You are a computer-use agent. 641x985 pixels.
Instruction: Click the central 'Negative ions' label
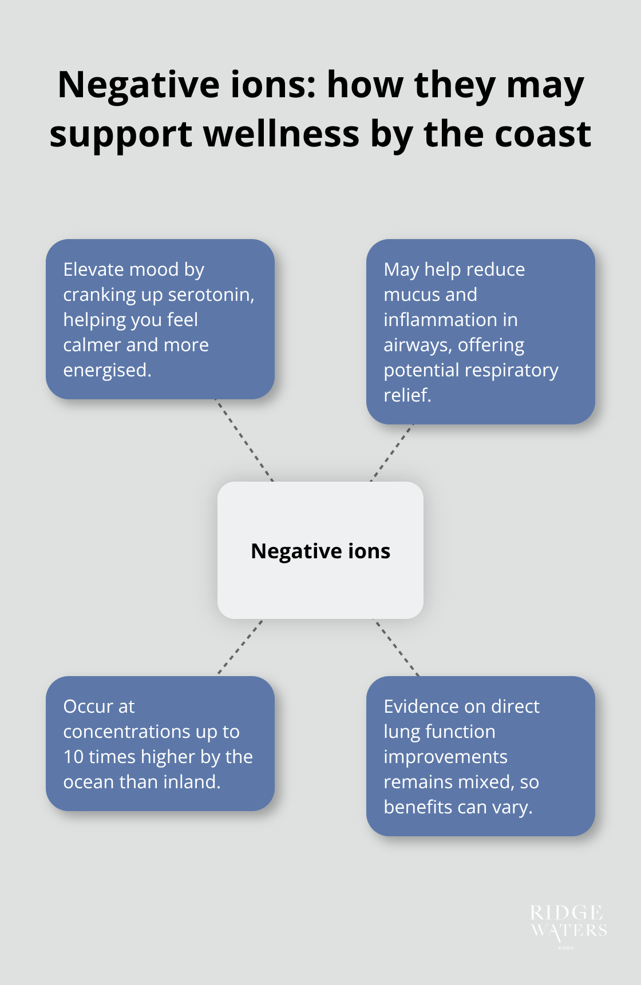(320, 551)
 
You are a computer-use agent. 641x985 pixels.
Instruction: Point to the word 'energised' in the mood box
(106, 370)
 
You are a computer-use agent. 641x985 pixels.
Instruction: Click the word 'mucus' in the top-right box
(410, 295)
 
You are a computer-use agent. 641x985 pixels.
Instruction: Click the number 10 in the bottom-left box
(73, 757)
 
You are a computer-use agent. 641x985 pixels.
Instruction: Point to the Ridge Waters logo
(568, 924)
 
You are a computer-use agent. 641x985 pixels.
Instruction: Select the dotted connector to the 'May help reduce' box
(391, 453)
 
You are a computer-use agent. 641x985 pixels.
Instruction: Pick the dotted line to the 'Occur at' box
(240, 646)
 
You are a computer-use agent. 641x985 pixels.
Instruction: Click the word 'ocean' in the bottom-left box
(88, 782)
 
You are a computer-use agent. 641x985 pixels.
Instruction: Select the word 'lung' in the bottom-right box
(400, 732)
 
